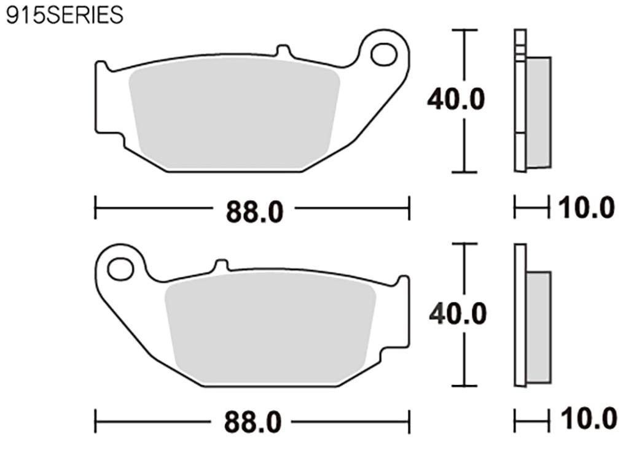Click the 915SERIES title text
pyautogui.click(x=64, y=15)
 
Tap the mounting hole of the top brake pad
pyautogui.click(x=384, y=54)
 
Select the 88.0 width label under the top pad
pyautogui.click(x=254, y=212)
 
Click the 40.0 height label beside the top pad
pyautogui.click(x=456, y=99)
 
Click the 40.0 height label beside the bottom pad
pyautogui.click(x=458, y=314)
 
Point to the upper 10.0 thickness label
pyautogui.click(x=586, y=208)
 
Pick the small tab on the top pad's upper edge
pyautogui.click(x=283, y=50)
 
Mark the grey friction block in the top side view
pyautogui.click(x=539, y=112)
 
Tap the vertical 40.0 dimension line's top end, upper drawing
pyautogui.click(x=464, y=29)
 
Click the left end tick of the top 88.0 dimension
pyautogui.click(x=95, y=208)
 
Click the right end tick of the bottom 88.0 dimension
pyautogui.click(x=409, y=422)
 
